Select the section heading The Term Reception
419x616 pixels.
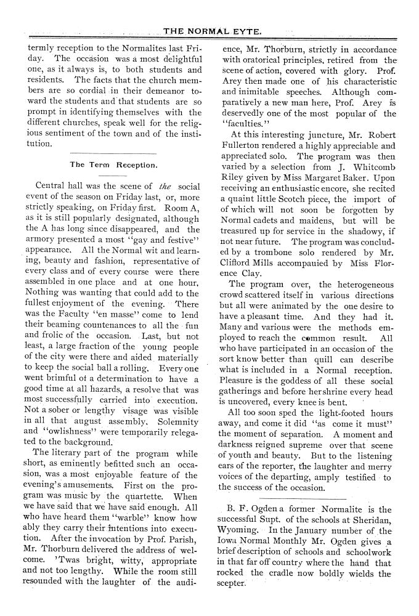[114, 165]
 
